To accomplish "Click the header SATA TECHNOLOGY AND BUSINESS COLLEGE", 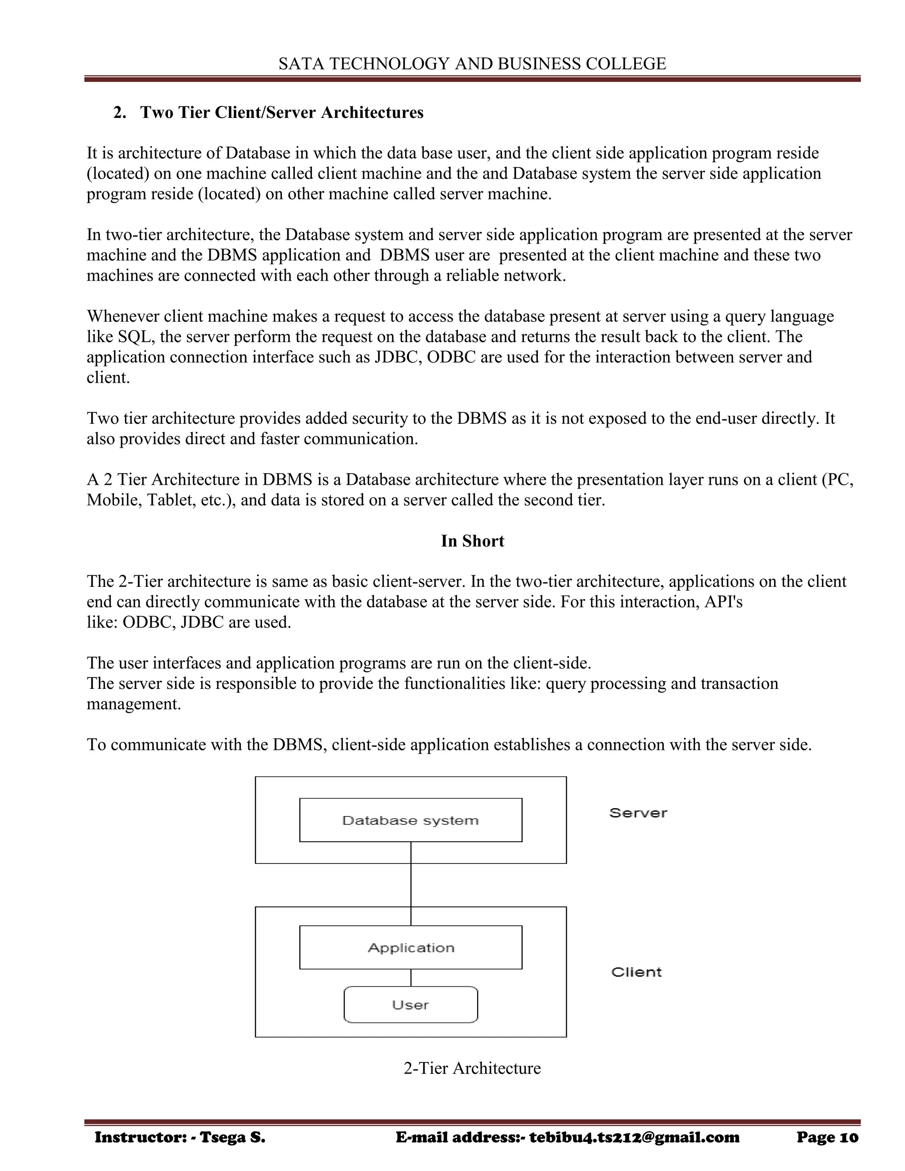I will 472,64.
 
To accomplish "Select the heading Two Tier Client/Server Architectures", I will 281,113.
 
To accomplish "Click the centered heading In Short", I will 472,541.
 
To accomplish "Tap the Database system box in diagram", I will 410,820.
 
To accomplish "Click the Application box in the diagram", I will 410,947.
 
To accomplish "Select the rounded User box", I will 410,1005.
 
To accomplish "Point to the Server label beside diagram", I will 638,813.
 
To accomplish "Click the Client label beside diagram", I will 636,972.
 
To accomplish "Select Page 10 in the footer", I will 827,1138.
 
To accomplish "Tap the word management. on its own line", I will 134,704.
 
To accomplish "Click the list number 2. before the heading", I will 120,113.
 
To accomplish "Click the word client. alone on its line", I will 108,378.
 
